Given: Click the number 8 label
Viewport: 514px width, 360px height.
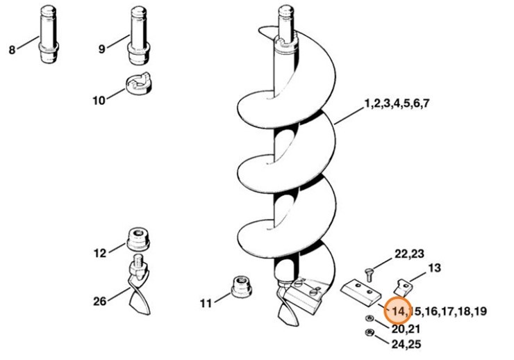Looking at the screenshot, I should point(11,49).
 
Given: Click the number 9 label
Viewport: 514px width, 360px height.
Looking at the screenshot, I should point(101,49).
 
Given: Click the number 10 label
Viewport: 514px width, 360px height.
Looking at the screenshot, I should point(99,100).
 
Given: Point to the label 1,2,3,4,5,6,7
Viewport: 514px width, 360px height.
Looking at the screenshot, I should point(397,104).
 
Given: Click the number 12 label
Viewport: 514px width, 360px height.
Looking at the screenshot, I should point(100,253).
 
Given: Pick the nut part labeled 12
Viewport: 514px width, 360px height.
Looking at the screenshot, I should point(139,240).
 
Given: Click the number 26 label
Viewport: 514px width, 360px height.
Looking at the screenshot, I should point(100,301).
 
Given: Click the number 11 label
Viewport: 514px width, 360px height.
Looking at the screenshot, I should point(206,303).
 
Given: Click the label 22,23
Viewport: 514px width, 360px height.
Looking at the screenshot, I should point(409,254).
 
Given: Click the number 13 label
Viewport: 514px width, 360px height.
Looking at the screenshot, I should point(435,268).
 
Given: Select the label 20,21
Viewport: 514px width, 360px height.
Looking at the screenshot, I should point(405,327).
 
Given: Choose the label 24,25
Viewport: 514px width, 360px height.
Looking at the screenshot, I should point(405,343).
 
